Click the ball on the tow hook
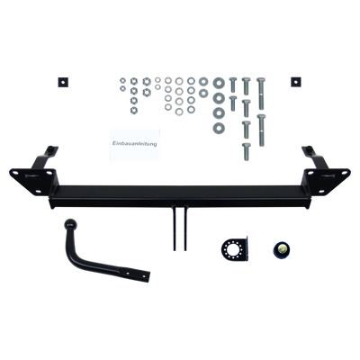71,224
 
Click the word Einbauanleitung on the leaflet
135,144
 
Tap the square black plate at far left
63,82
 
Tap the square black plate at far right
296,81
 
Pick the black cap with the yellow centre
282,248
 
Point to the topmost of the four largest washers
219,83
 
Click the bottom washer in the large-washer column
219,129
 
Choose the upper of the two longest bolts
260,94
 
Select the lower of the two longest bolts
261,130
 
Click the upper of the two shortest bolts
233,85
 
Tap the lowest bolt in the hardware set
247,152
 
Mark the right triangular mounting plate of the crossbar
326,180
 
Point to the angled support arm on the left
43,158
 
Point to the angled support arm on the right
315,158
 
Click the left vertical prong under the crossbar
175,228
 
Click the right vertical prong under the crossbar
185,228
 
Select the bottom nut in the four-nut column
134,110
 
